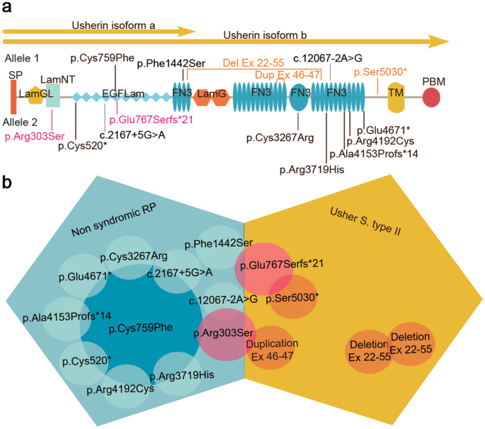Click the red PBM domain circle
432,98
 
